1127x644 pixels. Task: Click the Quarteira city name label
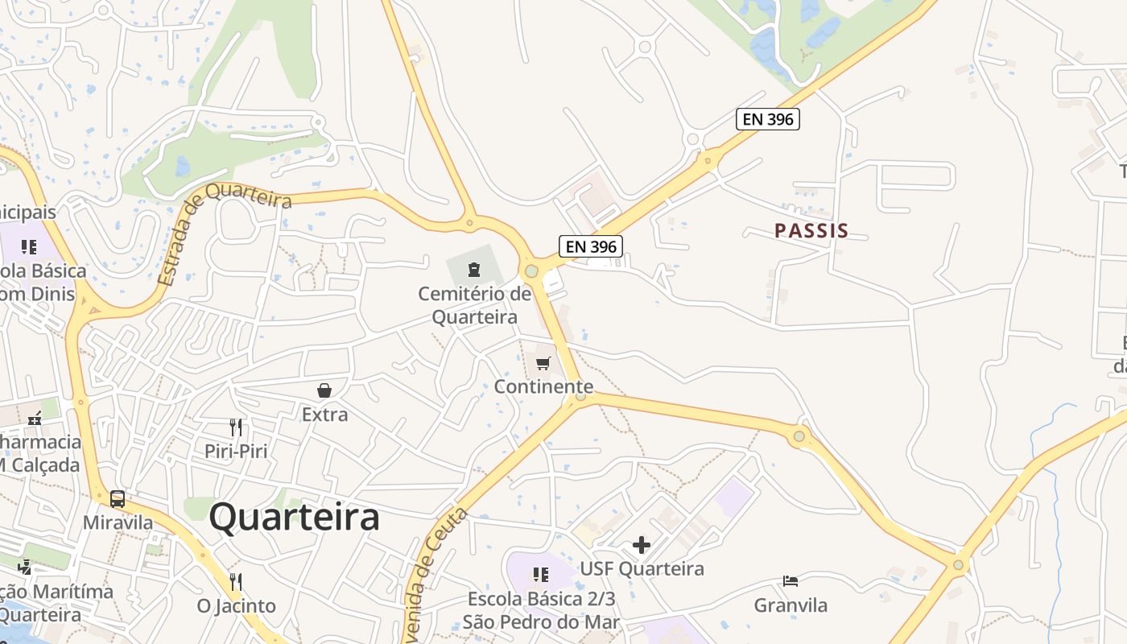(x=294, y=518)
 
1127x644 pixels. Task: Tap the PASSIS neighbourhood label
(x=811, y=231)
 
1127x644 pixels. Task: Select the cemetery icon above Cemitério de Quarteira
(x=473, y=269)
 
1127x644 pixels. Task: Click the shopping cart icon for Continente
(x=543, y=363)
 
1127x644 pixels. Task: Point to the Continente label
(x=543, y=387)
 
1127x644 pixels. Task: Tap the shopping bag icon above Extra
(x=324, y=391)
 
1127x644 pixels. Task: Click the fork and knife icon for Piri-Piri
(x=236, y=427)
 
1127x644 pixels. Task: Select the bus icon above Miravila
(x=118, y=499)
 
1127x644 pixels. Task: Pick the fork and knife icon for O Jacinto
(x=236, y=581)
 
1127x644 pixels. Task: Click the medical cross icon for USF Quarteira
(x=642, y=546)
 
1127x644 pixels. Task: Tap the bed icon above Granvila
(x=791, y=581)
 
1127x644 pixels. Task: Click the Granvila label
(x=791, y=605)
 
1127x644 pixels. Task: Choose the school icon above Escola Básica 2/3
(x=541, y=574)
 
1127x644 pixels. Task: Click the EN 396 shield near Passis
(x=768, y=120)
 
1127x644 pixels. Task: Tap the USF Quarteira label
(x=642, y=569)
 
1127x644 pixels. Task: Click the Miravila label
(x=118, y=522)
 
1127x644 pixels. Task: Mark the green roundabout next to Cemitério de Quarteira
(x=531, y=271)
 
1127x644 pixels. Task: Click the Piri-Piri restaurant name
(x=236, y=451)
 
